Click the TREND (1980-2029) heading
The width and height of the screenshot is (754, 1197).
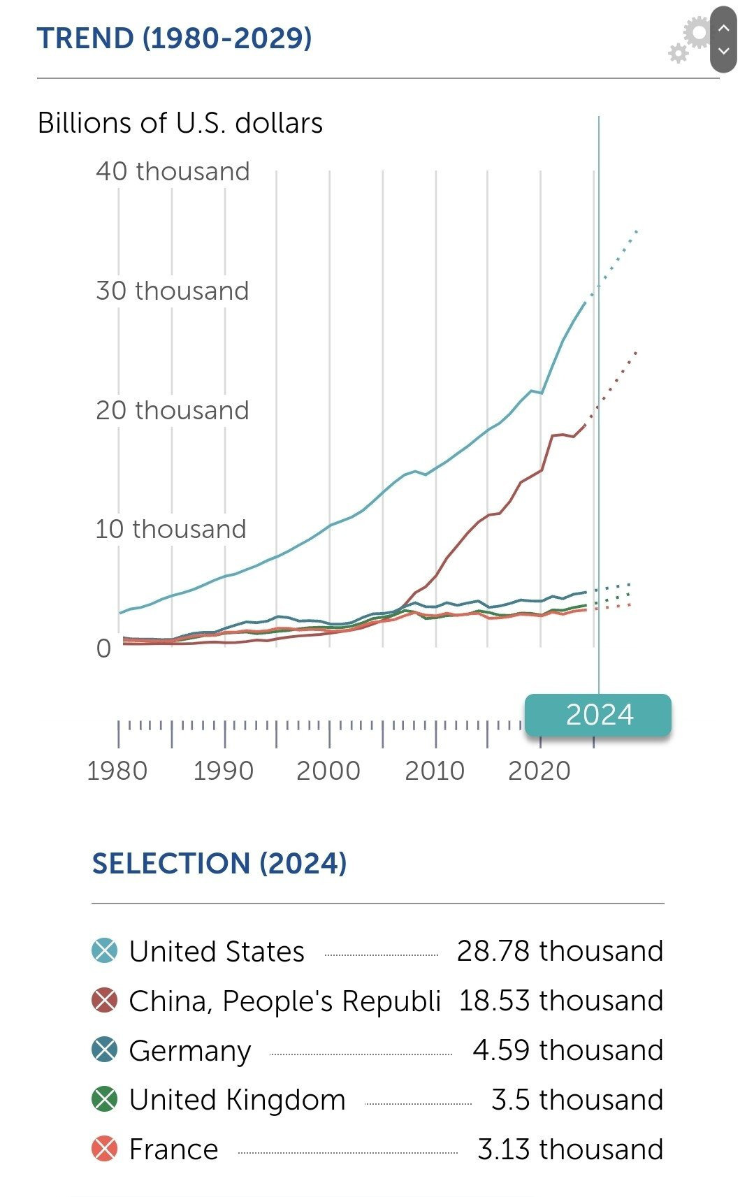(x=174, y=38)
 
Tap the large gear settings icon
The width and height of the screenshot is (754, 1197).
(x=696, y=33)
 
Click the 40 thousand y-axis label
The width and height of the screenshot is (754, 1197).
(x=173, y=171)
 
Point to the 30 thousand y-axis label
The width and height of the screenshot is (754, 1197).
(x=173, y=291)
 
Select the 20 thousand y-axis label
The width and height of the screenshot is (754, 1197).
(x=173, y=410)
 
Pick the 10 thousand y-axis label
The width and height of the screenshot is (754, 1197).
(x=171, y=529)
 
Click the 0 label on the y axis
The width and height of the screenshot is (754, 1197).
(x=103, y=648)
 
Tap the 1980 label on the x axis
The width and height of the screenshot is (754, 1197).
(x=117, y=771)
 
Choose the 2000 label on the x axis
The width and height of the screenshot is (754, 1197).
(x=328, y=771)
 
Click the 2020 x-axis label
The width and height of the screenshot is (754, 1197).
(x=539, y=771)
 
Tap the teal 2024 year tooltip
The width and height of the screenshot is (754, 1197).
(x=599, y=715)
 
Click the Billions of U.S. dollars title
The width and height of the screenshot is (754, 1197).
(x=180, y=123)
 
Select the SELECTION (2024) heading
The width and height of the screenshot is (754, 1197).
(x=219, y=864)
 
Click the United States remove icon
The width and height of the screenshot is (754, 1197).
(x=105, y=951)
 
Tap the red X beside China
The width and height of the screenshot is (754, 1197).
(x=105, y=1001)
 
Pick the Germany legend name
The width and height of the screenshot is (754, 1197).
(x=190, y=1050)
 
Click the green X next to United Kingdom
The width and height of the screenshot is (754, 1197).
(x=105, y=1100)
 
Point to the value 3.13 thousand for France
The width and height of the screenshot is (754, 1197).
(x=570, y=1149)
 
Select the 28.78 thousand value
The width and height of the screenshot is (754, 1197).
(x=560, y=951)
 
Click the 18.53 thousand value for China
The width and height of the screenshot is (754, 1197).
(x=560, y=1001)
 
